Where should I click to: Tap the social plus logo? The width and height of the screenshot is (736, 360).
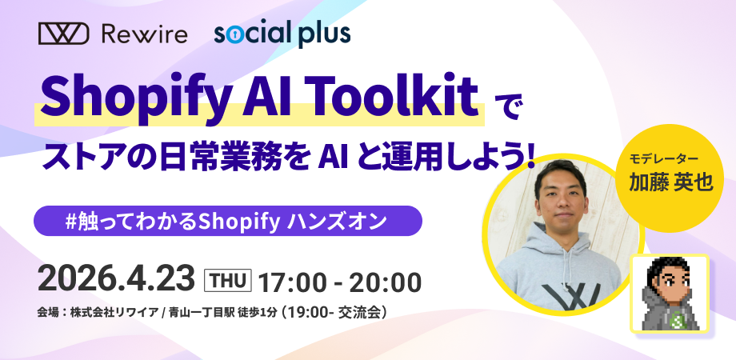pos(282,34)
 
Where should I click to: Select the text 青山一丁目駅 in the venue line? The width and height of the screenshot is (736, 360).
pos(200,312)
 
